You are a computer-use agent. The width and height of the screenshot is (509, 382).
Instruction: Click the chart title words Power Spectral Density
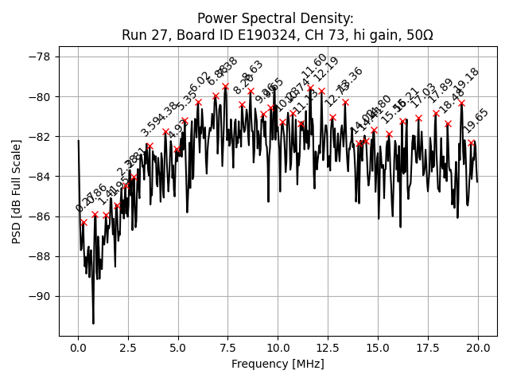pyautogui.click(x=274, y=18)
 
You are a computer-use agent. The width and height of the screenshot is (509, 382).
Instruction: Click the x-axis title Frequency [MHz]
pyautogui.click(x=278, y=364)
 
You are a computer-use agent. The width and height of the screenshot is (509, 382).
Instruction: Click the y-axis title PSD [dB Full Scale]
pyautogui.click(x=17, y=180)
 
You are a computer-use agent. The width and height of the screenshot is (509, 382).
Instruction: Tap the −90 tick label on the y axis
pyautogui.click(x=38, y=296)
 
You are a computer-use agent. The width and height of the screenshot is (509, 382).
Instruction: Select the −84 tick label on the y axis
pyautogui.click(x=38, y=177)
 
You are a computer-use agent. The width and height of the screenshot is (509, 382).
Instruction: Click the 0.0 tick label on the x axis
pyautogui.click(x=78, y=348)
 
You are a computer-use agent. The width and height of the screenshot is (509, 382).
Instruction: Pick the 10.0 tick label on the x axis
pyautogui.click(x=278, y=348)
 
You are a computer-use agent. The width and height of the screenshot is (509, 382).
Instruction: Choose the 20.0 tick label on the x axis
pyautogui.click(x=477, y=348)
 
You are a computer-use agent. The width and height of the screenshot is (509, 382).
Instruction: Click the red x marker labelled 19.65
pyautogui.click(x=471, y=143)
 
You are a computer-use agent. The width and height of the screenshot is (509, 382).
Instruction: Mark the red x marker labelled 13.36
pyautogui.click(x=345, y=102)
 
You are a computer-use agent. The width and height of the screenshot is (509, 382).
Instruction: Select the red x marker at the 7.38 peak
pyautogui.click(x=225, y=86)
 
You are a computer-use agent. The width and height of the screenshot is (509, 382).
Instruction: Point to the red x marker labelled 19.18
pyautogui.click(x=461, y=103)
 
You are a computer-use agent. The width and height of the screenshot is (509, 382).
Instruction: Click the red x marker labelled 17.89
pyautogui.click(x=436, y=113)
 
